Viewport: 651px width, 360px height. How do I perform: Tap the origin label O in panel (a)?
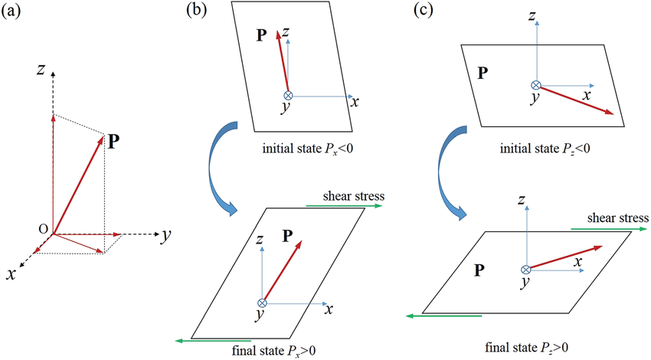pos(43,229)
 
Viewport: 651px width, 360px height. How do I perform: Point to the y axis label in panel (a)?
pos(165,236)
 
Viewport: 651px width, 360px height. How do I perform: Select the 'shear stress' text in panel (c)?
pos(618,219)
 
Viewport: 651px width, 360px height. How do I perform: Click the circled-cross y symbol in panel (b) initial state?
pos(288,96)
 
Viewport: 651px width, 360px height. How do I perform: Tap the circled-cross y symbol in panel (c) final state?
pos(525,270)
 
